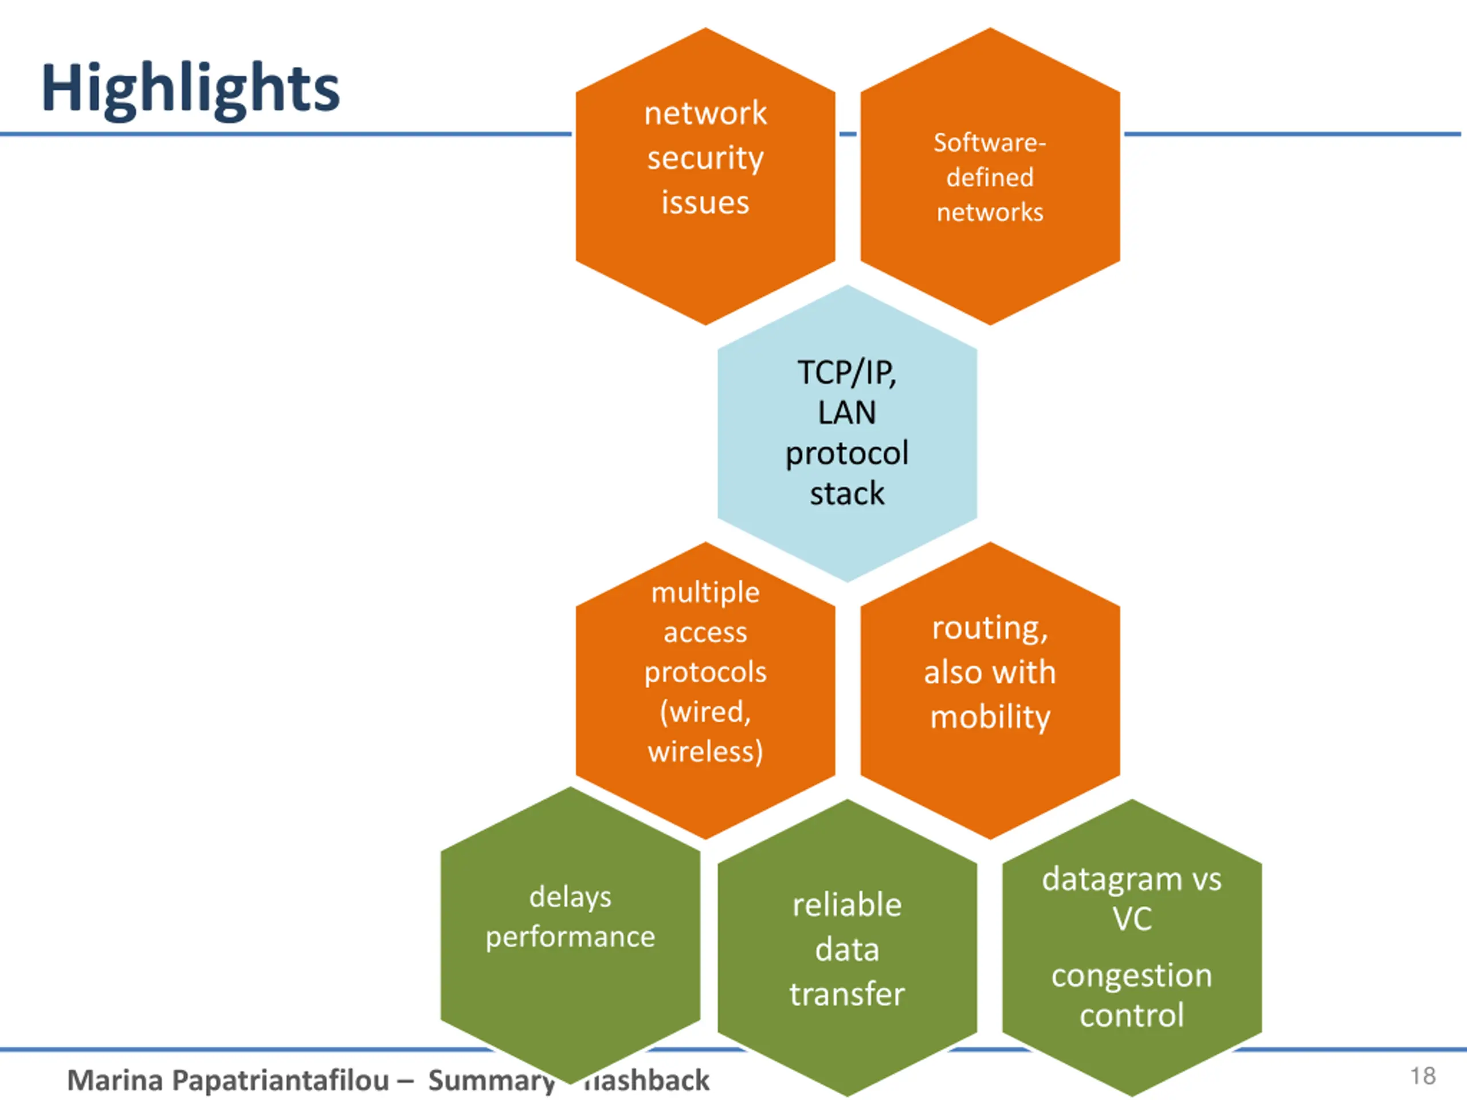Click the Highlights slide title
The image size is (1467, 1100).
pyautogui.click(x=190, y=89)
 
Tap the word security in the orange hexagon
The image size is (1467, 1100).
pyautogui.click(x=705, y=159)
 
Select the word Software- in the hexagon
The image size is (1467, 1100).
pyautogui.click(x=990, y=143)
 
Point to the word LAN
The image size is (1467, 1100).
pyautogui.click(x=847, y=413)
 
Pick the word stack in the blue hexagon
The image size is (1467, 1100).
pyautogui.click(x=847, y=494)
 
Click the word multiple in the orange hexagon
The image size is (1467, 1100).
pyautogui.click(x=705, y=592)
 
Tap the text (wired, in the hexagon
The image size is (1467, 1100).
pyautogui.click(x=705, y=712)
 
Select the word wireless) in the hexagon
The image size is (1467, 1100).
pyautogui.click(x=705, y=751)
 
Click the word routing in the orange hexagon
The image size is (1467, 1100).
pyautogui.click(x=988, y=628)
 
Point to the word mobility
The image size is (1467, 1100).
pyautogui.click(x=990, y=717)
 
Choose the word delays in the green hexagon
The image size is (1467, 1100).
pyautogui.click(x=570, y=897)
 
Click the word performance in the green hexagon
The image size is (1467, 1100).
pyautogui.click(x=570, y=937)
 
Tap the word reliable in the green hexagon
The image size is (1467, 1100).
pyautogui.click(x=847, y=905)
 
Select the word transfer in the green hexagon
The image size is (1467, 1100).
pyautogui.click(x=847, y=994)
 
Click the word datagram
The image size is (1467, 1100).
pyautogui.click(x=1112, y=880)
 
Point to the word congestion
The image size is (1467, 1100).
pyautogui.click(x=1131, y=975)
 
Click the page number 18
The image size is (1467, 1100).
pyautogui.click(x=1422, y=1075)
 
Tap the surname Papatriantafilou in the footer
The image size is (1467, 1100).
pyautogui.click(x=281, y=1081)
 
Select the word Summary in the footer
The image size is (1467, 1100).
pyautogui.click(x=491, y=1081)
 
